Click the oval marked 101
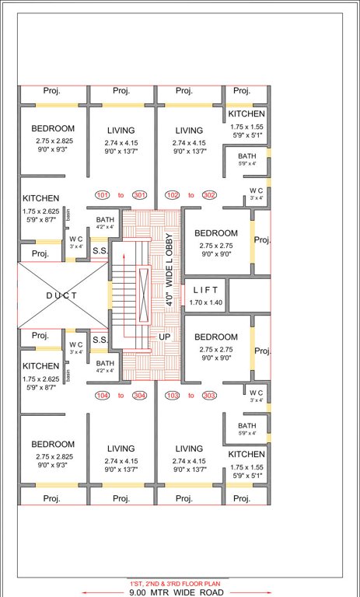coord(103,194)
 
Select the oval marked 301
coord(140,194)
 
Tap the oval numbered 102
coord(173,194)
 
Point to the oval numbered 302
coord(210,194)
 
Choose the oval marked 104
coord(103,396)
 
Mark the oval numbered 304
coord(140,396)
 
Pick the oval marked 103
coord(173,396)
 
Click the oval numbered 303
coord(209,396)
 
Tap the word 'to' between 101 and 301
coord(121,194)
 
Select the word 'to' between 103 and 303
coord(191,396)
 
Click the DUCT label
coord(61,295)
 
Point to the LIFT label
coord(205,290)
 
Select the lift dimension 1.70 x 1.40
coord(205,302)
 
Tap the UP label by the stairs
coord(164,337)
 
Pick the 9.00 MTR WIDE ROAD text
coord(180,592)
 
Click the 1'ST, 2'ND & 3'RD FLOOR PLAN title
coord(180,582)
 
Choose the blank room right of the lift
coord(250,295)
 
